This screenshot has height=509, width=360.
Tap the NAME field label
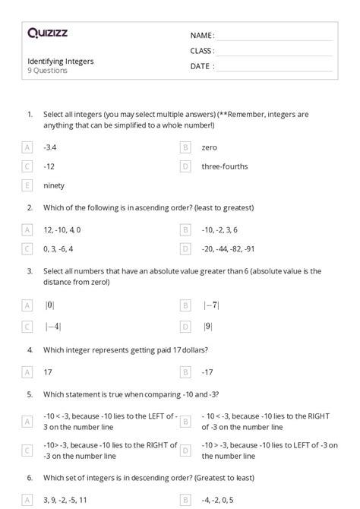[x=201, y=36]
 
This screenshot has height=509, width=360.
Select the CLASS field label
[x=202, y=51]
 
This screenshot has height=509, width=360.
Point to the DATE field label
[x=201, y=66]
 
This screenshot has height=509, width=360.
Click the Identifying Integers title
[x=61, y=61]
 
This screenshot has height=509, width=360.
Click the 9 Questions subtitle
[x=48, y=71]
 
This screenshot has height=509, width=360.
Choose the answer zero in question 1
[x=210, y=147]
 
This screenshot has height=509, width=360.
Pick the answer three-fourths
[x=225, y=166]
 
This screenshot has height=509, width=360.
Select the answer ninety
[x=54, y=185]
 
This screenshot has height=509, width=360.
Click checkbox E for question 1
[x=28, y=185]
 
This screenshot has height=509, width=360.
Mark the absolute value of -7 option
[x=210, y=305]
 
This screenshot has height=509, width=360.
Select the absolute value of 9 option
[x=207, y=327]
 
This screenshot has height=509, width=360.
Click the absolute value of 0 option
[x=49, y=305]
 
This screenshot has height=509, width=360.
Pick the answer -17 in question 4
[x=207, y=372]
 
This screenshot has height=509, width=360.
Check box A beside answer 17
[x=28, y=372]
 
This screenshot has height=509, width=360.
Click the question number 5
[x=30, y=394]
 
